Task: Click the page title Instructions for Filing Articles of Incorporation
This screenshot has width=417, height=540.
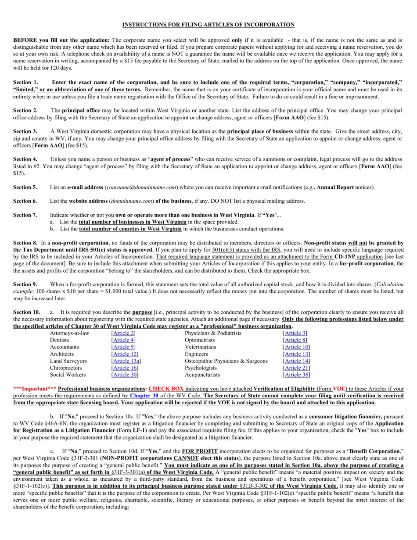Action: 208,25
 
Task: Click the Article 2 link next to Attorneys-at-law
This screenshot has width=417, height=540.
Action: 123,333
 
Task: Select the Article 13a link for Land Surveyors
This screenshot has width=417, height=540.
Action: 126,361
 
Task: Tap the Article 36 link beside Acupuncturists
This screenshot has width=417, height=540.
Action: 296,375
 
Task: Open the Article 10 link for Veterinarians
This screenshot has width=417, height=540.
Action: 296,347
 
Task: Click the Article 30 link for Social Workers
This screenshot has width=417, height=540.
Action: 125,375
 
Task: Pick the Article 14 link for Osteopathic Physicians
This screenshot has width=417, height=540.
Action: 296,361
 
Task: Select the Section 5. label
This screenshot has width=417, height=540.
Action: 25,187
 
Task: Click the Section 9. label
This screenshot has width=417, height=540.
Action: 25,284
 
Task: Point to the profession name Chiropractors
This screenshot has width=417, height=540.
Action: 65,368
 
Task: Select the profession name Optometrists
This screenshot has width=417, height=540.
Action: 200,340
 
